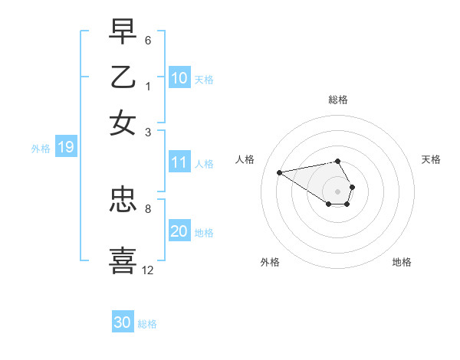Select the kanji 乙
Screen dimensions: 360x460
pyautogui.click(x=123, y=77)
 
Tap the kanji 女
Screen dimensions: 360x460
pyautogui.click(x=123, y=122)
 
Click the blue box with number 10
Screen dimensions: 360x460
pyautogui.click(x=179, y=78)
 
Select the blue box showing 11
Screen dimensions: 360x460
pyautogui.click(x=179, y=162)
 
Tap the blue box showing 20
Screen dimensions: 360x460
pyautogui.click(x=179, y=232)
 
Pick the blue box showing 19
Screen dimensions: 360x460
pyautogui.click(x=65, y=148)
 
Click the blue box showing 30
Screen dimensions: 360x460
pyautogui.click(x=123, y=322)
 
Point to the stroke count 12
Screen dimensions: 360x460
pyautogui.click(x=148, y=270)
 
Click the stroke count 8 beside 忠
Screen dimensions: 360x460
pyautogui.click(x=147, y=208)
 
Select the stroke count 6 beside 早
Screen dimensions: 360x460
pyautogui.click(x=148, y=40)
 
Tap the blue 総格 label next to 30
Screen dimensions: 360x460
pyautogui.click(x=148, y=324)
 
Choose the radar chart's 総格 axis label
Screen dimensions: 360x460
pyautogui.click(x=337, y=100)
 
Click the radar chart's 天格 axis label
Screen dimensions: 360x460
pyautogui.click(x=431, y=159)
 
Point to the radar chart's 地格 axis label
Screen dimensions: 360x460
pyautogui.click(x=402, y=263)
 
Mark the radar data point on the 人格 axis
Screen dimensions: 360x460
pyautogui.click(x=279, y=172)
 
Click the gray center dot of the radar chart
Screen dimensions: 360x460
pyautogui.click(x=337, y=191)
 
